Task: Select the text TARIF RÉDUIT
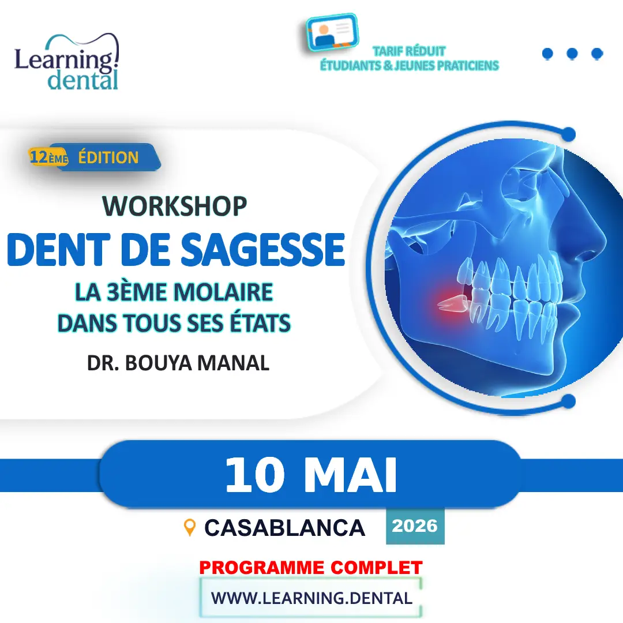point(408,51)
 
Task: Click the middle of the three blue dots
point(572,54)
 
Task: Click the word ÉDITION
point(108,157)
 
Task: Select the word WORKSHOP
point(175,206)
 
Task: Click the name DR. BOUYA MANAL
point(178,364)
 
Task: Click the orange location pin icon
point(189,527)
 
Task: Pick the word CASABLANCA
point(284,528)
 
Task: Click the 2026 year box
point(415,526)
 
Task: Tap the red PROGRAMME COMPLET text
point(311,568)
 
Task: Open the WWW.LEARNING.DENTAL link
point(311,598)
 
